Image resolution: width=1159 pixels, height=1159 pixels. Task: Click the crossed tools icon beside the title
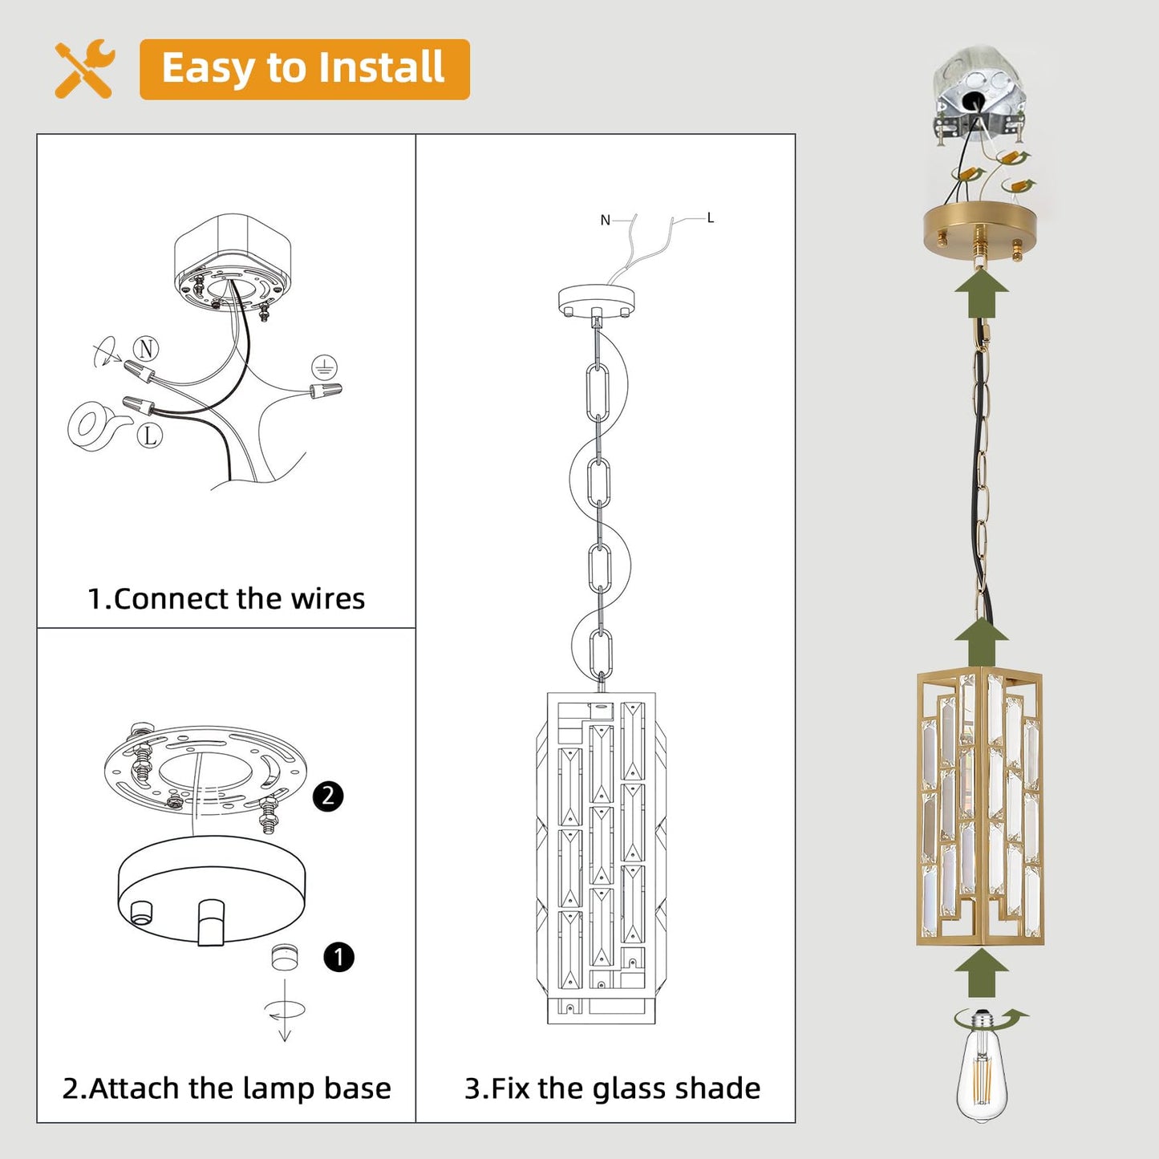pos(84,68)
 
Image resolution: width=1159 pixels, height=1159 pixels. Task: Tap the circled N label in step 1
pos(145,348)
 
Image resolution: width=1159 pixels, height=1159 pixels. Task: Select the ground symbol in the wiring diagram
pos(324,367)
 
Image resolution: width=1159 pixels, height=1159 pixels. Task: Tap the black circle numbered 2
pos(328,796)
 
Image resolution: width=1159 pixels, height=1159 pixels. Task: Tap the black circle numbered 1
pos(338,957)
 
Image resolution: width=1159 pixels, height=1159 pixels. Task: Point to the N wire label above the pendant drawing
pos(605,221)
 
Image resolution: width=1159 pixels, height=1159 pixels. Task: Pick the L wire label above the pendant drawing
pos(711,217)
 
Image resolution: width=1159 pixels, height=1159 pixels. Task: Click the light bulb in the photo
pos(982,1067)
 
